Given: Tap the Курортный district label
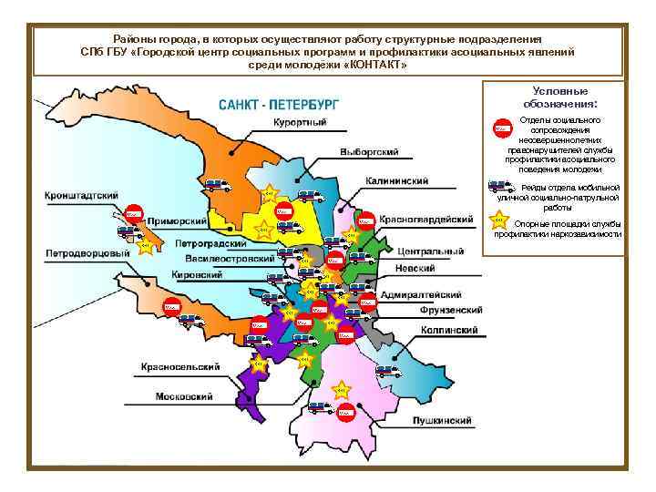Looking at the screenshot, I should tap(301, 122).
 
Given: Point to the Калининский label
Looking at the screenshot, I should tap(397, 181).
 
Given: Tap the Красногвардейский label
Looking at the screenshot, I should tap(426, 220).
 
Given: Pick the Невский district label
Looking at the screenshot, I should tap(415, 268).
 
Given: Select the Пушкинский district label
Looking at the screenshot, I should tap(442, 421).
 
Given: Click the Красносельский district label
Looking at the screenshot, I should tap(179, 366).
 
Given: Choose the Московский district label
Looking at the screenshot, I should tap(184, 396).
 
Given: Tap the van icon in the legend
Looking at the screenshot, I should tap(500, 188).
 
